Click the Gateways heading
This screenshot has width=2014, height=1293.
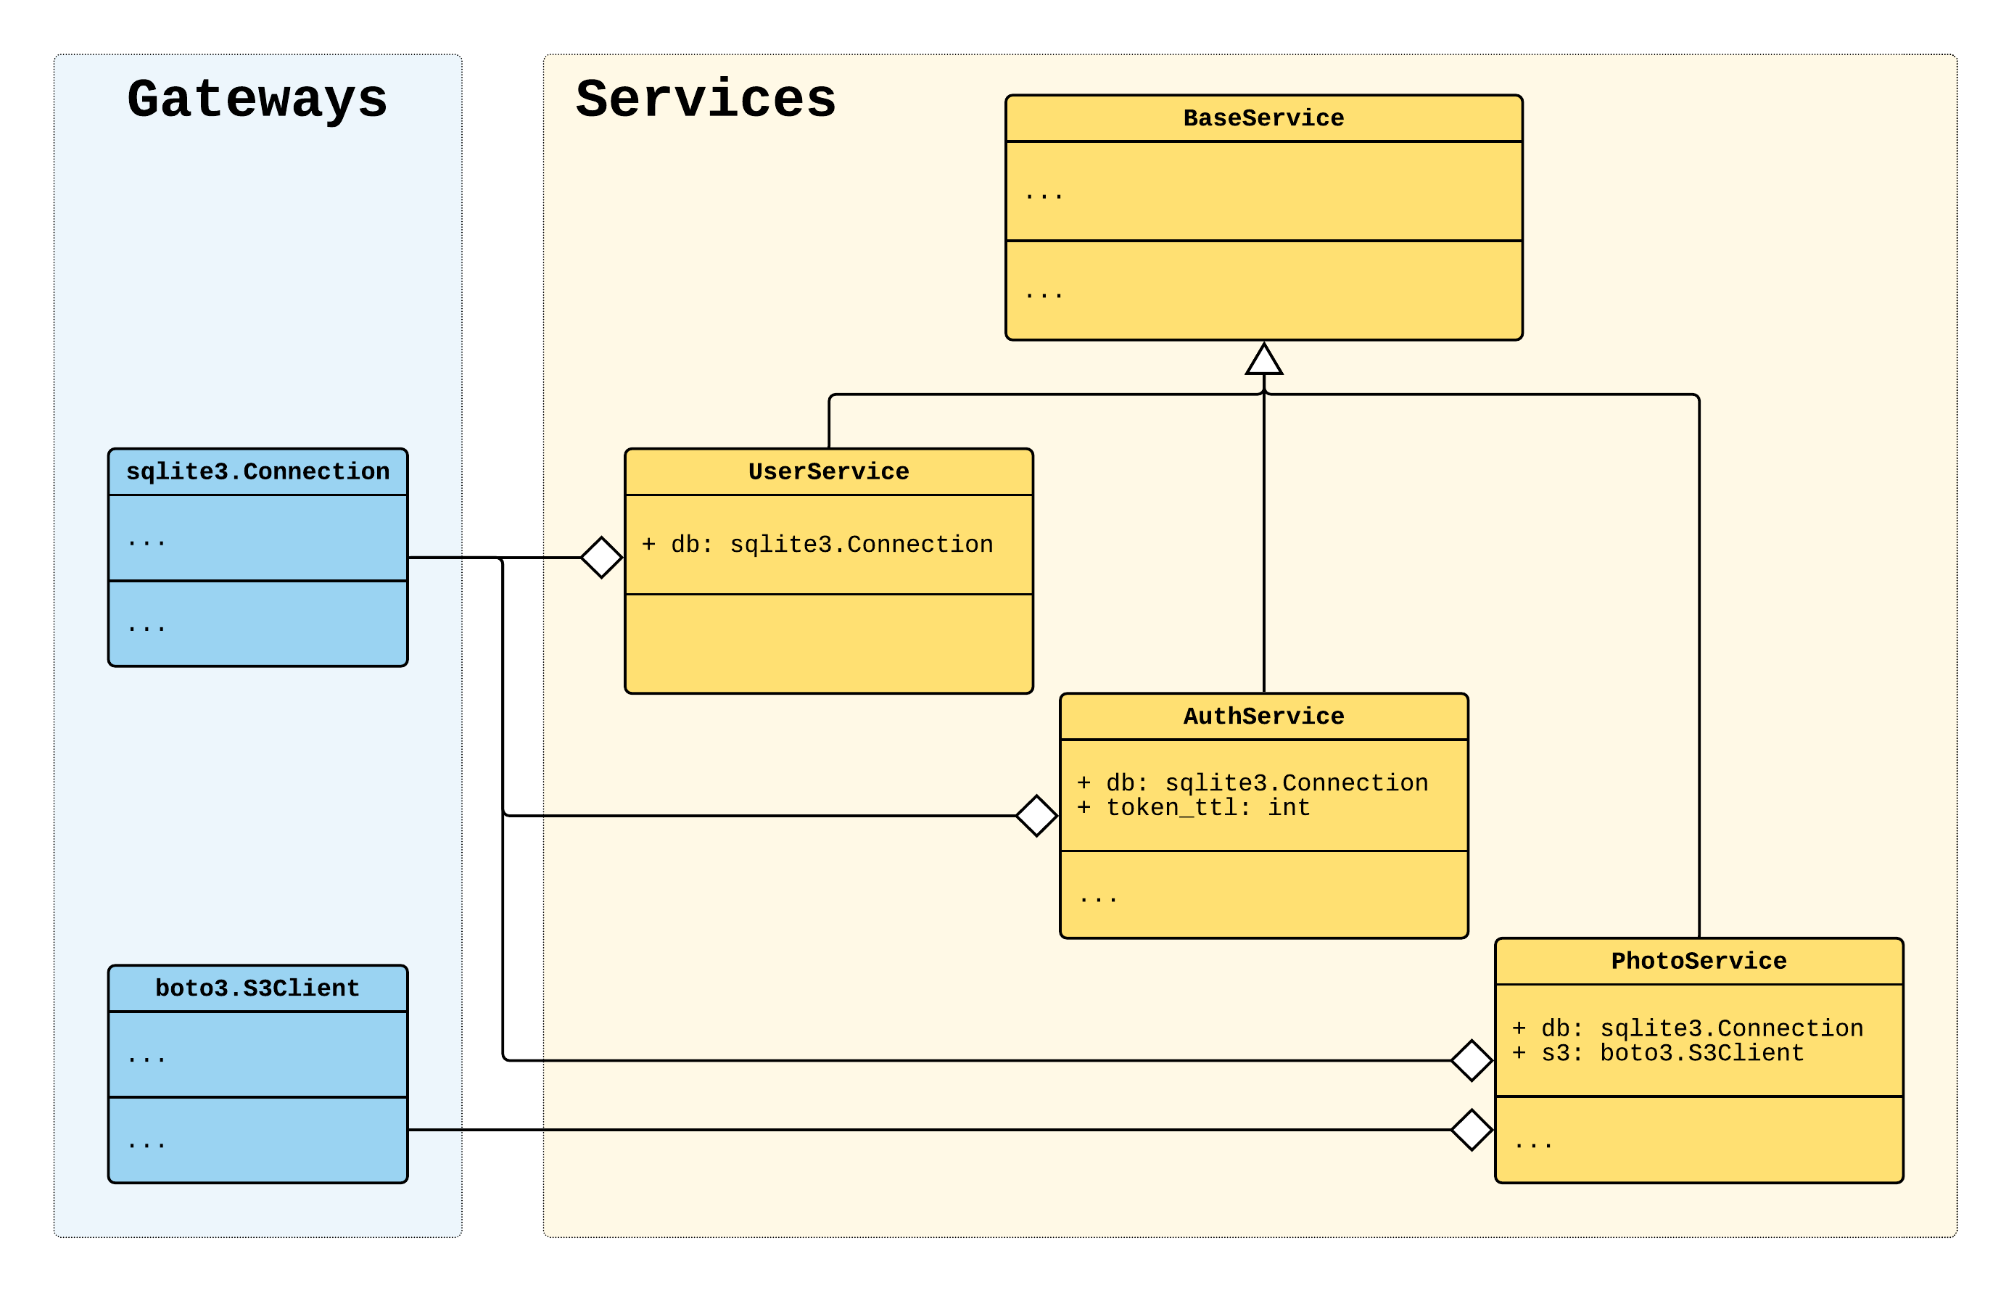[x=257, y=99]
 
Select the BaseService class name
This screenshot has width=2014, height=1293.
[x=1263, y=118]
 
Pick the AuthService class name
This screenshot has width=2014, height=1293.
[x=1263, y=716]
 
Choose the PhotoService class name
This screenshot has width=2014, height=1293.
[x=1698, y=961]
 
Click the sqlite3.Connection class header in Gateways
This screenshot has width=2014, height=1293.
[x=257, y=472]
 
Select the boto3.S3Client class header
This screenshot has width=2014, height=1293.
[x=257, y=988]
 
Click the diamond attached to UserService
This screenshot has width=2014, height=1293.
[x=601, y=558]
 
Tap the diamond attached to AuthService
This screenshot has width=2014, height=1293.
[x=1036, y=815]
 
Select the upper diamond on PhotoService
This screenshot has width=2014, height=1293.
[x=1471, y=1059]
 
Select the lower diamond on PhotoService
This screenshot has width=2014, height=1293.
[x=1471, y=1129]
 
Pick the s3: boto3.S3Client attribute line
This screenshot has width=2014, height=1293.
[x=1658, y=1053]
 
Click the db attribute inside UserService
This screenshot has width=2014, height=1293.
[x=817, y=544]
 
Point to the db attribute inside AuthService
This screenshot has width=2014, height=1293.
[x=1252, y=782]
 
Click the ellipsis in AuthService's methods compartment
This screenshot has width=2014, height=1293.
[x=1098, y=899]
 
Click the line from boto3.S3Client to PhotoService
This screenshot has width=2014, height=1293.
[x=923, y=1129]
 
